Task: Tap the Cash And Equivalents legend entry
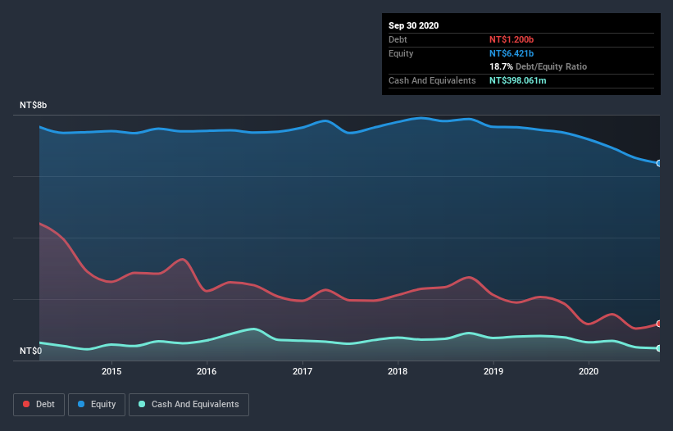click(189, 404)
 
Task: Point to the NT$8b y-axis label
click(34, 106)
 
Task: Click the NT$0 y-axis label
click(31, 351)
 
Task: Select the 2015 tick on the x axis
click(111, 371)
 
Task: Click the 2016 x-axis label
click(207, 371)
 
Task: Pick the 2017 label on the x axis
click(302, 371)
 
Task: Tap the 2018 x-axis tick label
click(398, 371)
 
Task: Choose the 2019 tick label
click(493, 371)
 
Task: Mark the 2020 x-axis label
click(589, 371)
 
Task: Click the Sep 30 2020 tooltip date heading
click(413, 25)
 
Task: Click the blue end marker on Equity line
click(659, 163)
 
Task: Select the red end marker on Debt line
click(659, 324)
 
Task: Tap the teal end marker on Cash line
click(659, 348)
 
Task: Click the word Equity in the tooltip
click(401, 53)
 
